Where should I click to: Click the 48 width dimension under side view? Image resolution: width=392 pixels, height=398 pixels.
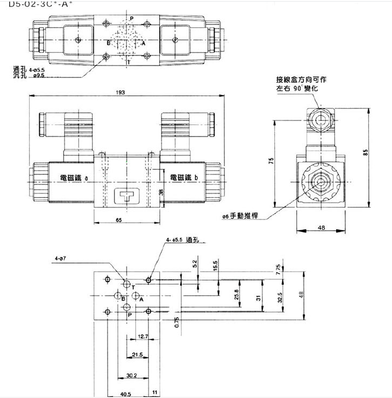tap(322, 228)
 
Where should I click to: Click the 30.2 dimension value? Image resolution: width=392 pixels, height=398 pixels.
tap(132, 375)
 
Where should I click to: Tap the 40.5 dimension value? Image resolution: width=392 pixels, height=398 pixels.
tap(126, 394)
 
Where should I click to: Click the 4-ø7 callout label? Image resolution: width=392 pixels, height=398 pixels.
tap(61, 259)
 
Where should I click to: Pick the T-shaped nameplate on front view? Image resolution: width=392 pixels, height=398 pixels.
tap(126, 196)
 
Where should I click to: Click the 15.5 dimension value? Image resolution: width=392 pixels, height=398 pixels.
tap(216, 267)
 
